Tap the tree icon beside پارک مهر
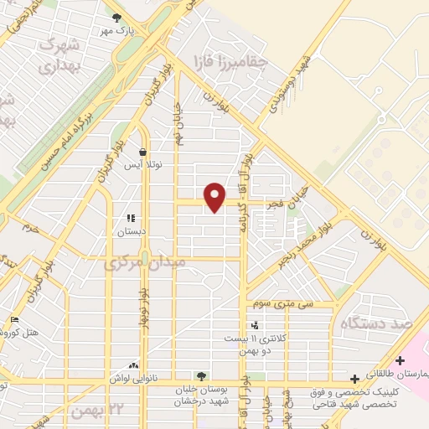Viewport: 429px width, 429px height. click(116, 17)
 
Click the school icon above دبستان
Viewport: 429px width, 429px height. click(130, 216)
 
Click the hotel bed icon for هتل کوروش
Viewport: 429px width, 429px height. click(13, 320)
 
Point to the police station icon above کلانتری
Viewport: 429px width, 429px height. click(254, 325)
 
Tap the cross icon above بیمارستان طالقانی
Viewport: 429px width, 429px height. click(400, 359)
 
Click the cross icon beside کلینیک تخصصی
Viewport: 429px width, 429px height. click(356, 379)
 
